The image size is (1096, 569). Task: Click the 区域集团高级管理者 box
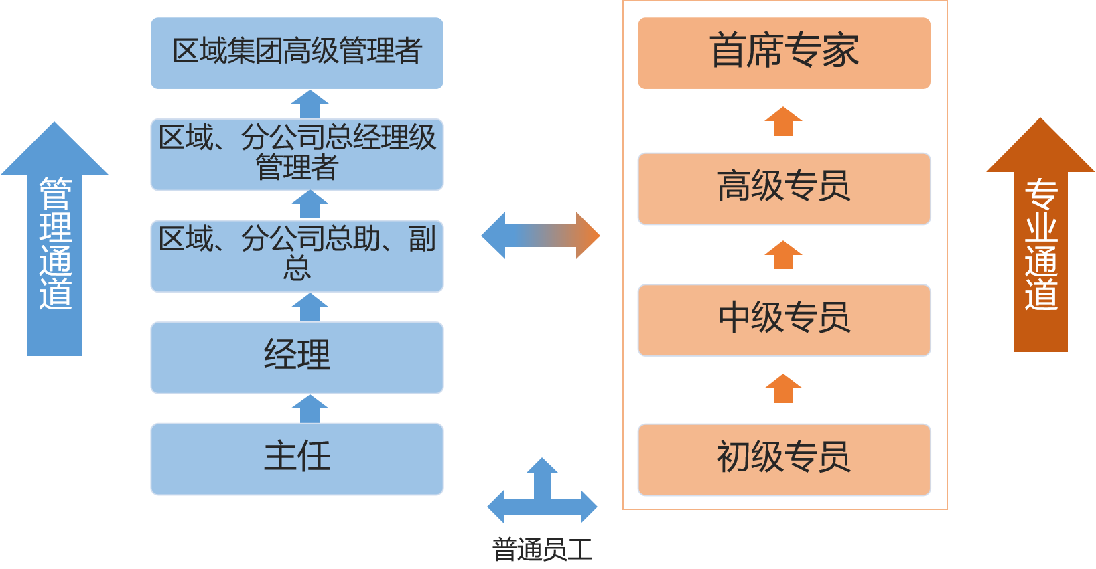297,53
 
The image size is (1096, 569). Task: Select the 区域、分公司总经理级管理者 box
297,155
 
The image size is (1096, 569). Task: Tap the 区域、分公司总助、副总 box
297,256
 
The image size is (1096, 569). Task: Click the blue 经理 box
297,357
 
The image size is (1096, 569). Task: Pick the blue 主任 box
297,459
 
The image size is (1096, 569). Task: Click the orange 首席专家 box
784,53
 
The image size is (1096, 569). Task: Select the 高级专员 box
784,188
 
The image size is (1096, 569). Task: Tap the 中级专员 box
784,320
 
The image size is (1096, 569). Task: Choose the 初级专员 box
784,459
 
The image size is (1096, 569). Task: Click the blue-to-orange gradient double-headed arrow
541,236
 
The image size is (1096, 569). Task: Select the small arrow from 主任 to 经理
310,408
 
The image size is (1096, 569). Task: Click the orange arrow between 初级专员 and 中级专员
783,388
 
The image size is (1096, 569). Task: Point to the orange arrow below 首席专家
783,121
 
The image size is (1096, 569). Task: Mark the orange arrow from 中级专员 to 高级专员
783,255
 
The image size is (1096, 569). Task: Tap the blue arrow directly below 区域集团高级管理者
310,104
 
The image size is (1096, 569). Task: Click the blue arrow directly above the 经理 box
310,308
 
